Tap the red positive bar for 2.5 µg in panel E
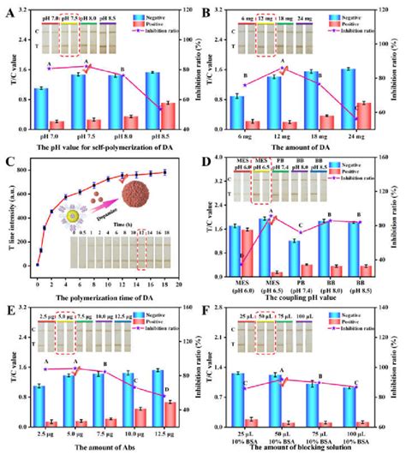point(53,422)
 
